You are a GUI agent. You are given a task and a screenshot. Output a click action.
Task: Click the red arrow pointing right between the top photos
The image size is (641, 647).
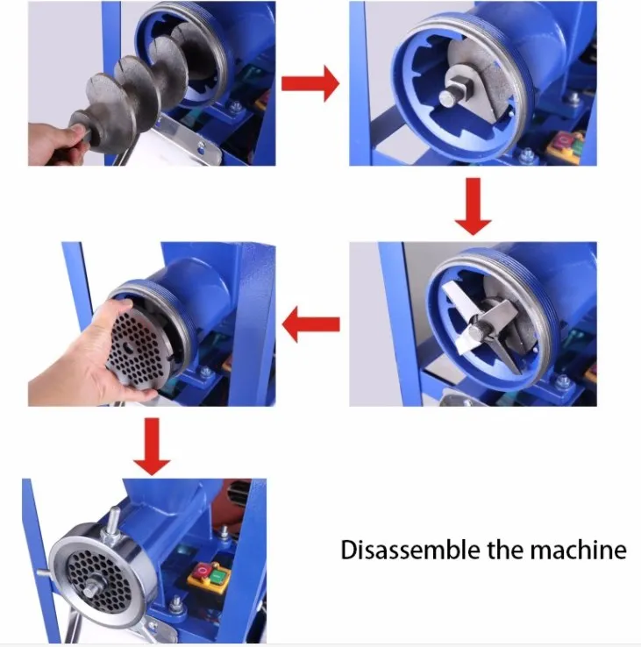click(310, 83)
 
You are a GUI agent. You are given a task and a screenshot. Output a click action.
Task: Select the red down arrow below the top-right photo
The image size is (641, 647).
click(473, 206)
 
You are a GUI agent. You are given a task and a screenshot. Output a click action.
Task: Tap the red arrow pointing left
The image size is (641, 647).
click(310, 324)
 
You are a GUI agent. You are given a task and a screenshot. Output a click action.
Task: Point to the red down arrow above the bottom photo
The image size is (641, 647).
click(152, 446)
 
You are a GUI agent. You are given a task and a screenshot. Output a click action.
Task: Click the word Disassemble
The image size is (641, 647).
click(410, 550)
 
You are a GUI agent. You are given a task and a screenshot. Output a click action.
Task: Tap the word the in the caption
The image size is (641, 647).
click(505, 550)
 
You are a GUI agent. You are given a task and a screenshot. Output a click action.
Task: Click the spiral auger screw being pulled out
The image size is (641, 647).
click(136, 95)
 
